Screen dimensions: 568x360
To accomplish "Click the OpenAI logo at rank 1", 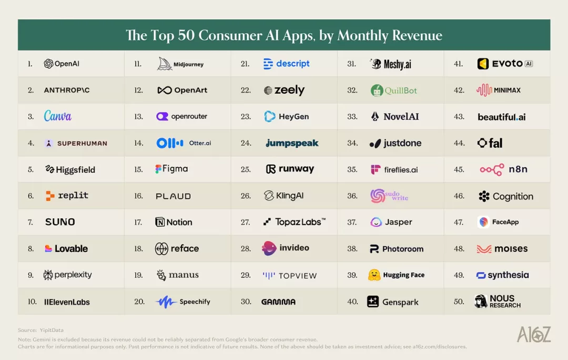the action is pos(48,64).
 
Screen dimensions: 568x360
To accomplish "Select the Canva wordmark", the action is pos(58,116).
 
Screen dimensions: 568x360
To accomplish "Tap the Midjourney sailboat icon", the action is pos(165,64).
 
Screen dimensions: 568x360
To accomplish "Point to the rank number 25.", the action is pos(246,169).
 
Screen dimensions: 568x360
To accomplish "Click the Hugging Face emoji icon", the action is pos(374,275).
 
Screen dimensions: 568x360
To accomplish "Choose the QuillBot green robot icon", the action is pos(377,91).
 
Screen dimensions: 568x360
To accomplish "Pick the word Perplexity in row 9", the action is pos(73,275).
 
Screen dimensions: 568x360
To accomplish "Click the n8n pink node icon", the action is pos(492,169).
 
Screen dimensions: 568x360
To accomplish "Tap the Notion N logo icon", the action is pos(160,222).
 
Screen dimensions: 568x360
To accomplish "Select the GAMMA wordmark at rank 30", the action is pos(278,302).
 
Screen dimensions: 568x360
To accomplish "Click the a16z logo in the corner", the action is pos(534,334).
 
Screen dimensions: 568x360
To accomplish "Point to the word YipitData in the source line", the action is pos(52,330).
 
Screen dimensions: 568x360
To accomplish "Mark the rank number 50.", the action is pos(459,301).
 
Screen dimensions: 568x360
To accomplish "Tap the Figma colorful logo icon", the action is pos(158,169).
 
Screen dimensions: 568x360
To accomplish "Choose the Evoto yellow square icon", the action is pos(483,64).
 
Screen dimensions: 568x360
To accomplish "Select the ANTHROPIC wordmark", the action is pos(67,91).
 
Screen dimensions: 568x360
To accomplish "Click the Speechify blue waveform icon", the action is pos(166,302).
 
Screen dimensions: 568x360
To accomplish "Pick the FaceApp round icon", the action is pos(483,222).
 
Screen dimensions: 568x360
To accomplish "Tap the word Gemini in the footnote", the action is pos(41,339).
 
